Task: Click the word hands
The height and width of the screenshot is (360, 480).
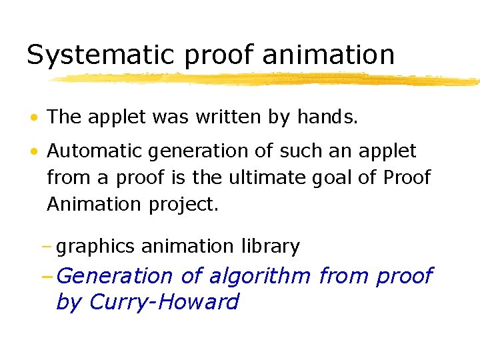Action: (327, 117)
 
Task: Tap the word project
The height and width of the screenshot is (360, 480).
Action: (181, 204)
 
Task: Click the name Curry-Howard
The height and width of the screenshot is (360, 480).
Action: (163, 301)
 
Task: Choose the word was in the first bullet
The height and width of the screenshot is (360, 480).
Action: (171, 118)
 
